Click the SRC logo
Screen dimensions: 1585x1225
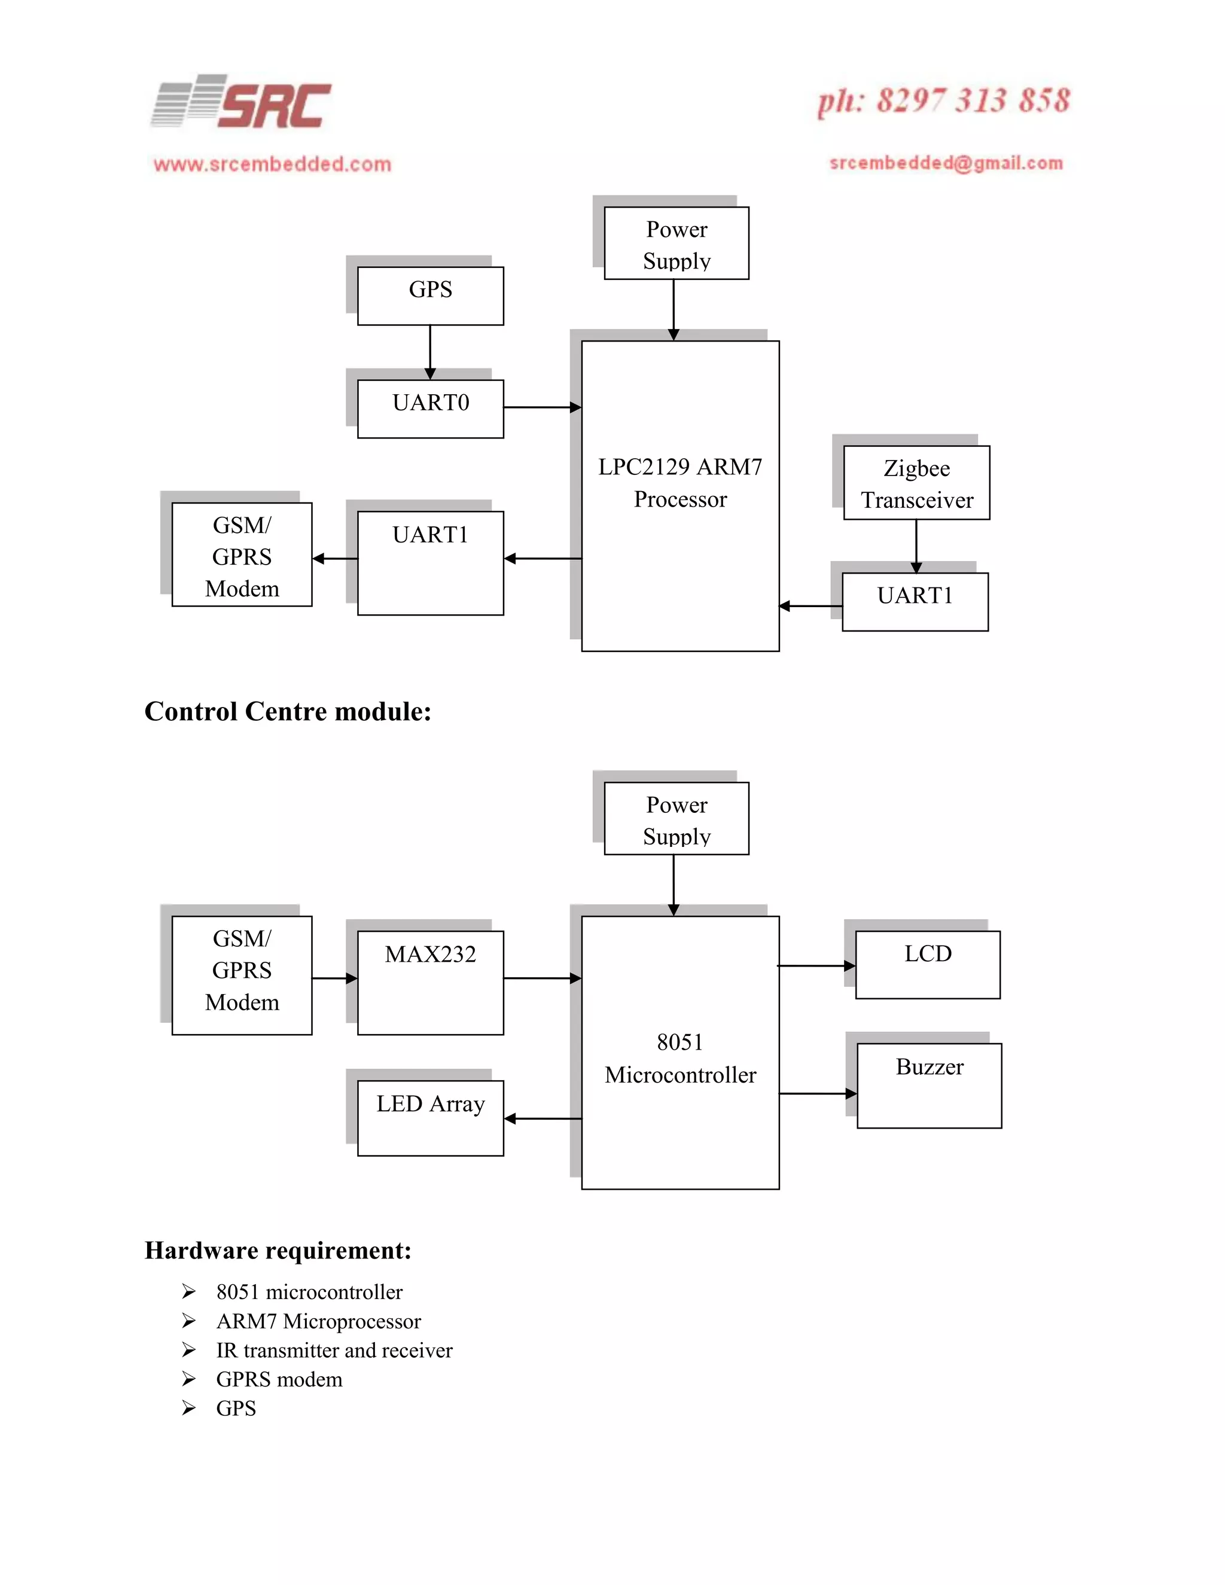pyautogui.click(x=242, y=102)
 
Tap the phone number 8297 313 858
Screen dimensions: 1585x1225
pyautogui.click(x=943, y=101)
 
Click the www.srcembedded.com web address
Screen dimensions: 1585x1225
pyautogui.click(x=272, y=164)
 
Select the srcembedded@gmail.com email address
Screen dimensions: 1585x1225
pyautogui.click(x=946, y=163)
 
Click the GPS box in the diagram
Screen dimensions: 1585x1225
pyautogui.click(x=430, y=295)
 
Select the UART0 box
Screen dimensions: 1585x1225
pyautogui.click(x=430, y=408)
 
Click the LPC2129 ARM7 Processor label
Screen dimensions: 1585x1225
pyautogui.click(x=680, y=483)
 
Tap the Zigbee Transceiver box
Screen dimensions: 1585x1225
pyautogui.click(x=916, y=483)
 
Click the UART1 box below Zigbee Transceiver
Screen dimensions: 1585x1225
pyautogui.click(x=915, y=602)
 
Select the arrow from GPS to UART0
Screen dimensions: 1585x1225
pyautogui.click(x=430, y=352)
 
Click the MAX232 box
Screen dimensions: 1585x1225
pyautogui.click(x=430, y=982)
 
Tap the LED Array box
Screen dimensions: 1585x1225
pyautogui.click(x=430, y=1118)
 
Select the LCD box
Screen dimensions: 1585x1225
pyautogui.click(x=928, y=965)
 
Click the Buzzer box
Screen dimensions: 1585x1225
pyautogui.click(x=929, y=1085)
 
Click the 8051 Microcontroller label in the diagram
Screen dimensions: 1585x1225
pyautogui.click(x=680, y=1058)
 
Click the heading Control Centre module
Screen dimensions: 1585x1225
pyautogui.click(x=288, y=711)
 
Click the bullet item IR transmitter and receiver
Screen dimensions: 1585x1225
pyautogui.click(x=334, y=1350)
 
